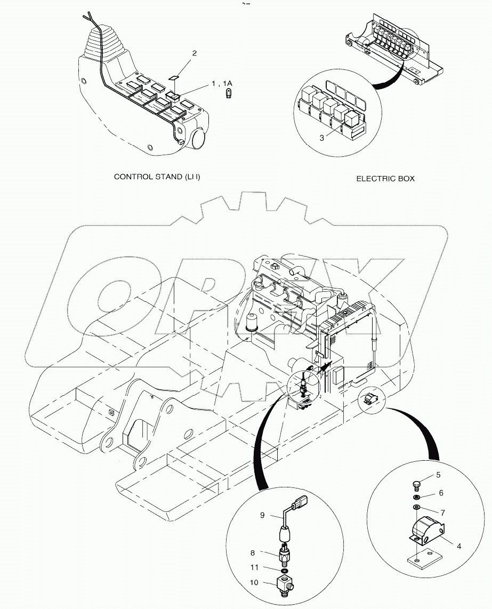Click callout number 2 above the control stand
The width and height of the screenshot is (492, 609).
195,54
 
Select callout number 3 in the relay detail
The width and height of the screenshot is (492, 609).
322,138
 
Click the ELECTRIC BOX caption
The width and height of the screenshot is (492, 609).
385,179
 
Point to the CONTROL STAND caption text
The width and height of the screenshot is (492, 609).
157,177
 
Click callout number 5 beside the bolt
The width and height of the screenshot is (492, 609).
438,475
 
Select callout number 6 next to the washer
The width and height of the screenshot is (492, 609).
441,493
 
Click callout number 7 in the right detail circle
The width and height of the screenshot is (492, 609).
442,512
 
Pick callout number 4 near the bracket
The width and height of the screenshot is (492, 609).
459,546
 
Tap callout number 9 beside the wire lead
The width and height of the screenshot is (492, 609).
262,515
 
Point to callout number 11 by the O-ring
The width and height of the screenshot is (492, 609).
254,567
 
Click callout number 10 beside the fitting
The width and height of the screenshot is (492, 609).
254,582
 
